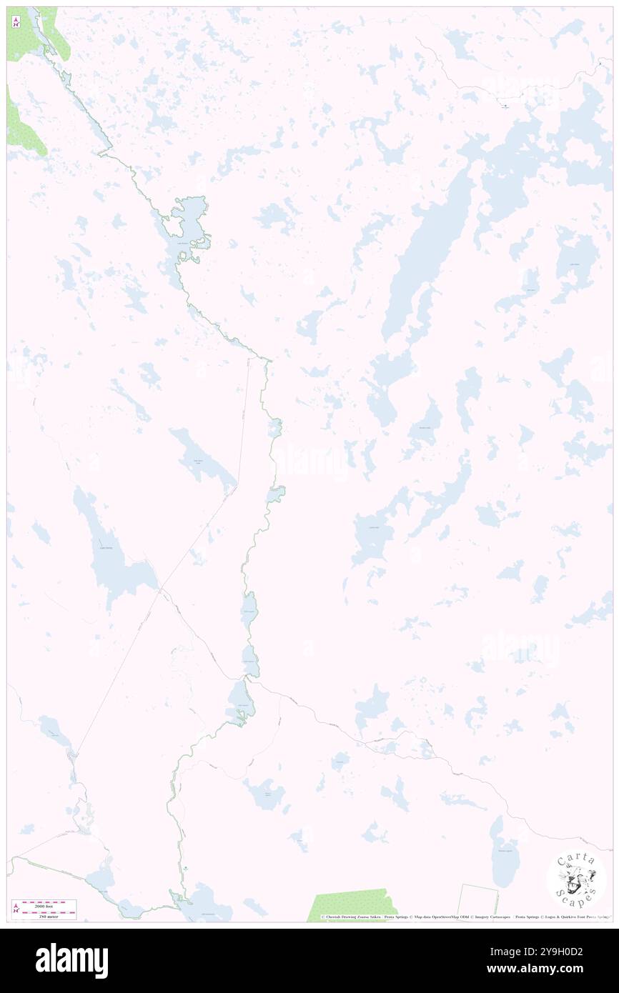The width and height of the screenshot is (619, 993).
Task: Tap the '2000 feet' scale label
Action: (x=49, y=903)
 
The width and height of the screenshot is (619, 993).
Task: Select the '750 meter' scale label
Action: (x=49, y=917)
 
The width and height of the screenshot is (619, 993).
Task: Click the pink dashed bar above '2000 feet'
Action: (x=49, y=908)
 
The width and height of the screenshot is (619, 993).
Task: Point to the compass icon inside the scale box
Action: (x=16, y=909)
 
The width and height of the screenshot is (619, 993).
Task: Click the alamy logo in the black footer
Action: (x=71, y=960)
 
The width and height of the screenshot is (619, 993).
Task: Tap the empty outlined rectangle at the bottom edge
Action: (x=477, y=903)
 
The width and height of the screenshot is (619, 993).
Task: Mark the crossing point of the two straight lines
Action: (x=160, y=589)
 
